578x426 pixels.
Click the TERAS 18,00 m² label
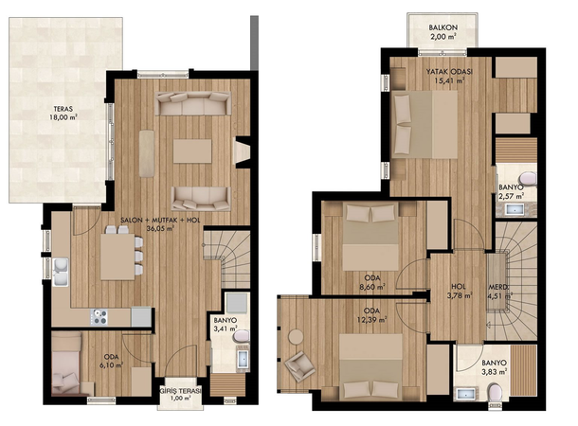(x=63, y=113)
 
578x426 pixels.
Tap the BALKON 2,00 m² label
(x=443, y=31)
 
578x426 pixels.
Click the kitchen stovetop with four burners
(x=99, y=317)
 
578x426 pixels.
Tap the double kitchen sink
(x=61, y=272)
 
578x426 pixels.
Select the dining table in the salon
(x=117, y=257)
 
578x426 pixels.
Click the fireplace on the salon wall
(x=243, y=152)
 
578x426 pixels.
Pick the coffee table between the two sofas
(x=192, y=151)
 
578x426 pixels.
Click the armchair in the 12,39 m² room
(x=299, y=364)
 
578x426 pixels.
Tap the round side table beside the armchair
(x=296, y=337)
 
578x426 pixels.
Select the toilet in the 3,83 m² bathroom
(x=495, y=393)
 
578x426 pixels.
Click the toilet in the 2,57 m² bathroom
(x=529, y=178)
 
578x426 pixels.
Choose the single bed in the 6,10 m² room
(x=66, y=363)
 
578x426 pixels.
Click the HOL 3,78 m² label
(x=459, y=291)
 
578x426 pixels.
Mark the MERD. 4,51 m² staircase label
(x=500, y=291)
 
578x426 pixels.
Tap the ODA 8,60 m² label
(x=372, y=282)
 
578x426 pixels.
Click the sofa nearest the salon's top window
(x=193, y=103)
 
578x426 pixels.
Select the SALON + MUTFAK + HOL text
(x=160, y=221)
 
